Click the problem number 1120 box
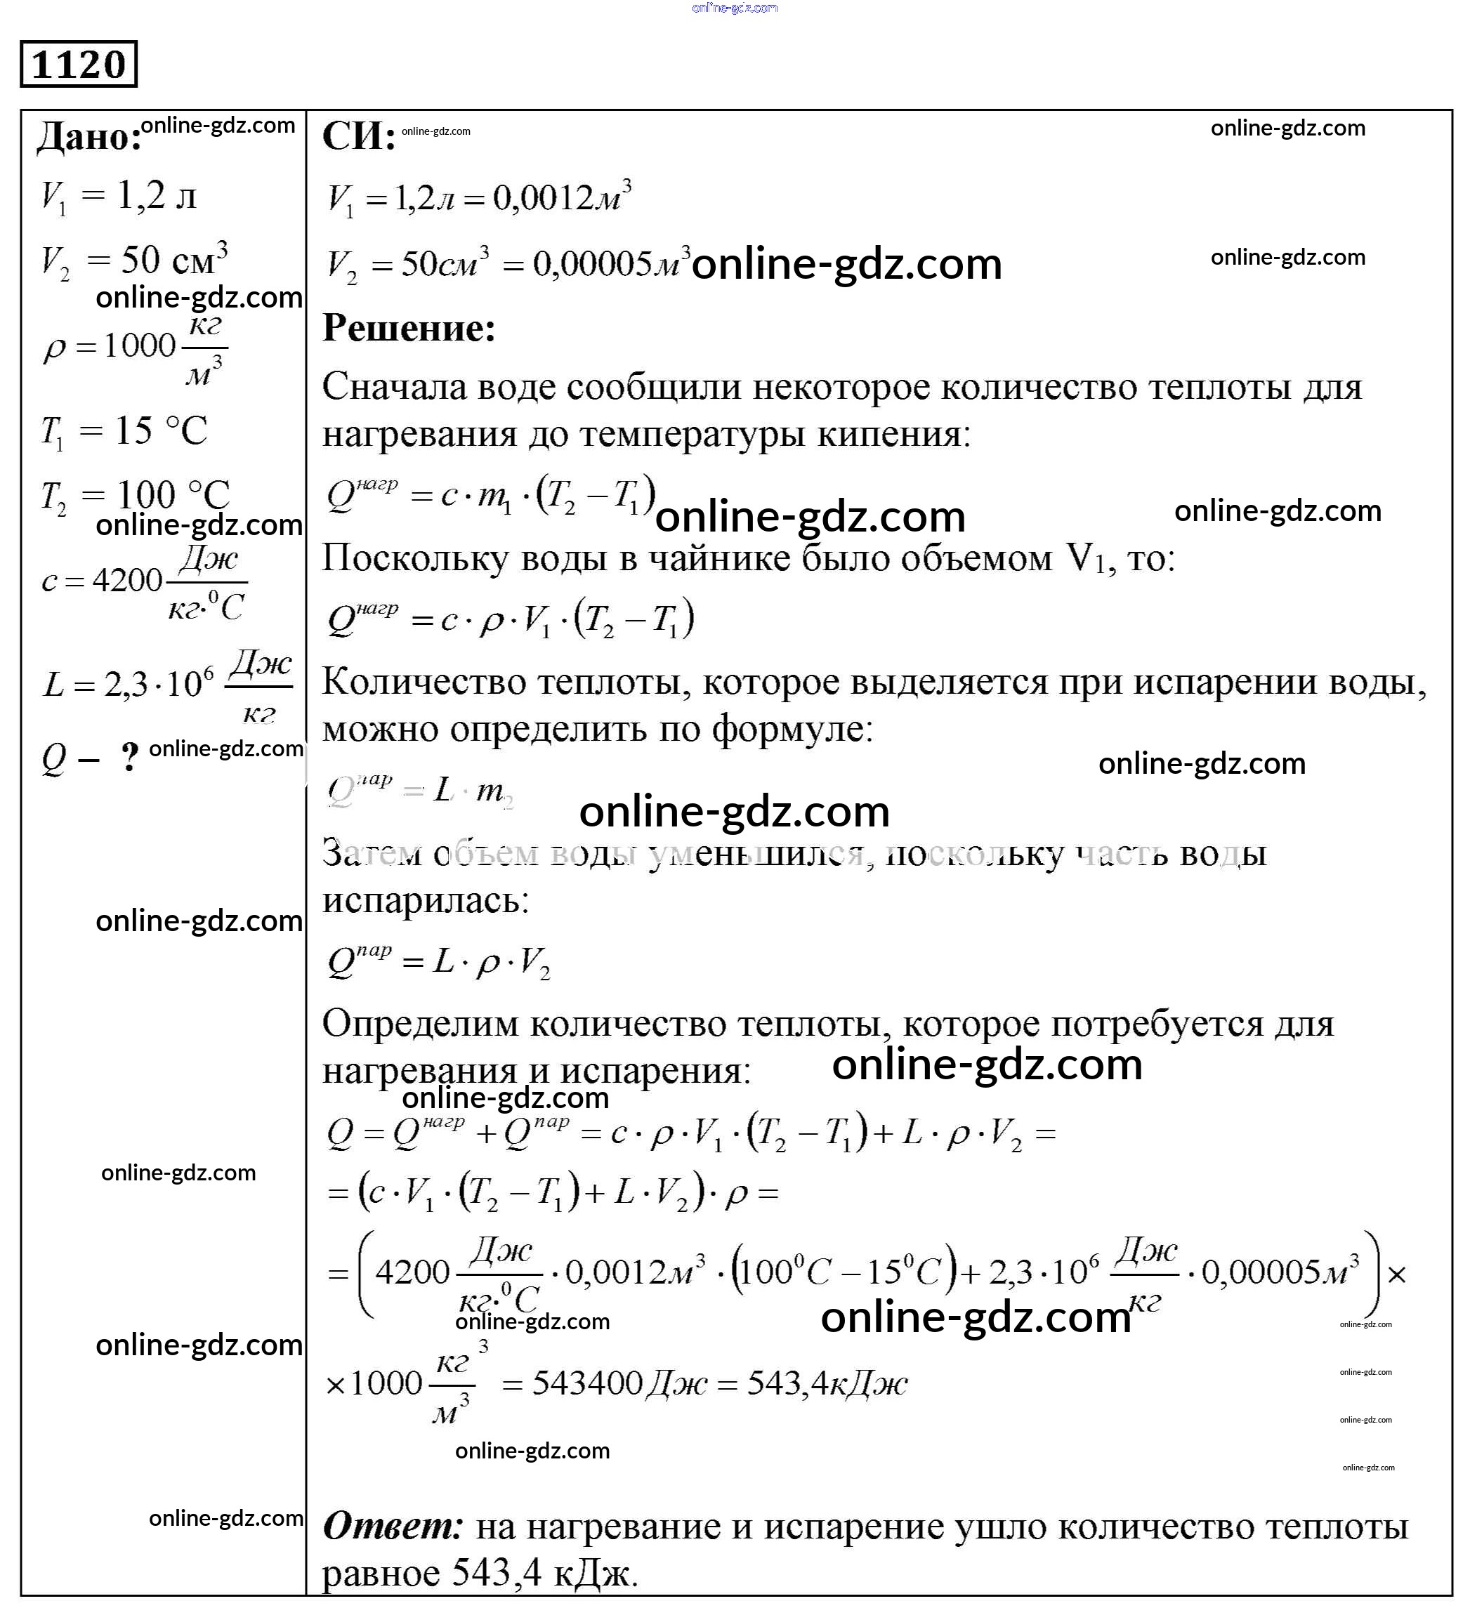tap(78, 64)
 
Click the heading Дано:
tap(88, 136)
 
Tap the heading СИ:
tap(358, 136)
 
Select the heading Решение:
tap(408, 328)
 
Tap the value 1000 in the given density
tap(140, 345)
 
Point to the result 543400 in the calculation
tap(587, 1383)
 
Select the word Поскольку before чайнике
tap(415, 559)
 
